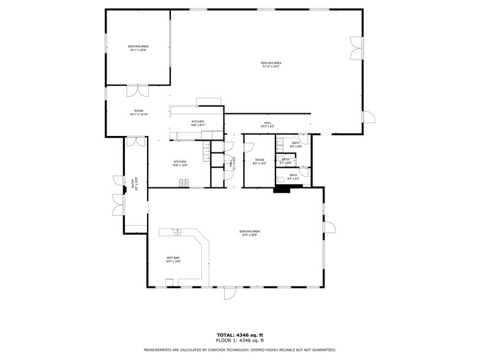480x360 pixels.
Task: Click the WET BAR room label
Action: (173, 259)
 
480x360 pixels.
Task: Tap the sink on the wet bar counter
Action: (177, 232)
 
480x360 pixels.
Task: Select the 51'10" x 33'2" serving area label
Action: (271, 64)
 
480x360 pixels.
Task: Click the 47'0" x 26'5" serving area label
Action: (250, 233)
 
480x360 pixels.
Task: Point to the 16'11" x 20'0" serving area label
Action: (138, 48)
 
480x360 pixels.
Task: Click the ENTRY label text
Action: (133, 184)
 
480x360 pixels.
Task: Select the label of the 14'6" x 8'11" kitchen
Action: (198, 123)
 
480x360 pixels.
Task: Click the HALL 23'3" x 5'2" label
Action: (268, 124)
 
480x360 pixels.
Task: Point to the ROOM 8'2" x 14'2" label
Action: (260, 162)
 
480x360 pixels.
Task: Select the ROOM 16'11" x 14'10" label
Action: (138, 113)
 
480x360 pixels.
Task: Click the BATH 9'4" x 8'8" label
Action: (296, 144)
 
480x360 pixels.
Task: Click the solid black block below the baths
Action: (282, 190)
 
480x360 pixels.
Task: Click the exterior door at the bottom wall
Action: (229, 293)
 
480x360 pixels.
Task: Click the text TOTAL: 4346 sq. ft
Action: (239, 334)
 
